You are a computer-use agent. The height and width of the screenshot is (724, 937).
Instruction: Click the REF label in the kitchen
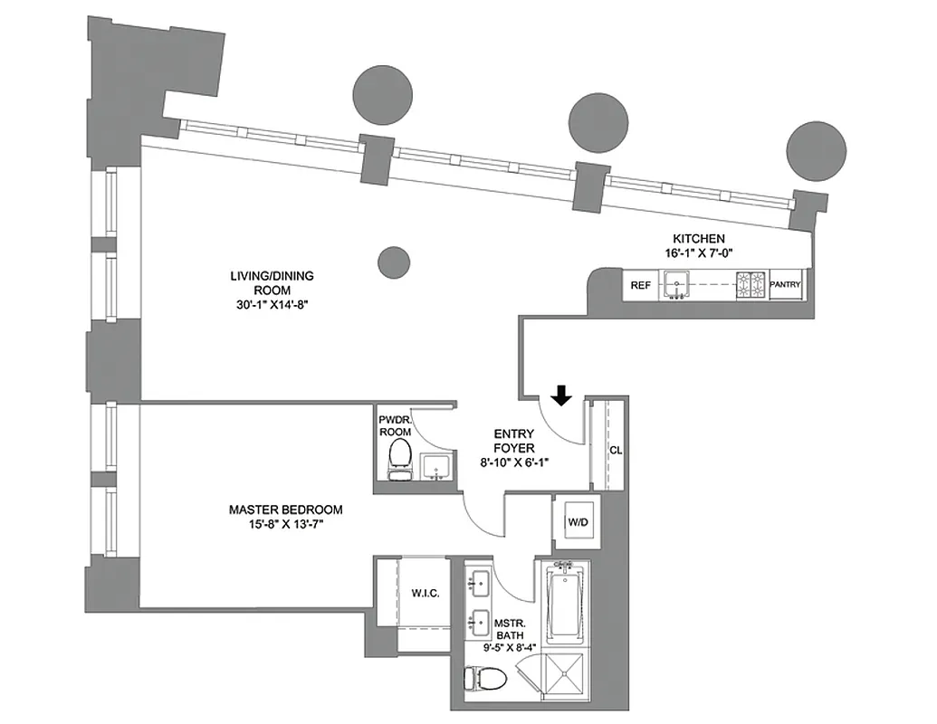click(641, 285)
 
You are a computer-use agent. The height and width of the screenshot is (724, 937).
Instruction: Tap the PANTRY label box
click(784, 285)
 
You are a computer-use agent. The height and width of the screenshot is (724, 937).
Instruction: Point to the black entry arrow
click(561, 395)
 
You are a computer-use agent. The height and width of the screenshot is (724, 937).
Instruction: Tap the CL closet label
click(615, 449)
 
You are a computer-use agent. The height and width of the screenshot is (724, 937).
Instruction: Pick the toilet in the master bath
click(473, 680)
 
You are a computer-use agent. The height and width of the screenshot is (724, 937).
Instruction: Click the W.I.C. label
click(425, 594)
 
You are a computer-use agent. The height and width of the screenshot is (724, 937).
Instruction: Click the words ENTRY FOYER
click(513, 441)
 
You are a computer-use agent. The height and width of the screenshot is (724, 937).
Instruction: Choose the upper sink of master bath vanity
click(479, 582)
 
